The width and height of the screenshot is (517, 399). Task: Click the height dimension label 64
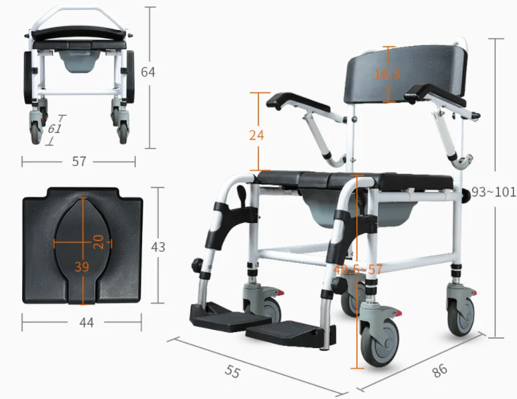148,72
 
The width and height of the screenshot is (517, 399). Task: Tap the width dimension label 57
79,161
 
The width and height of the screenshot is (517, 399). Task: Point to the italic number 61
54,129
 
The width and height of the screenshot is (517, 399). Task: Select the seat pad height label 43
158,247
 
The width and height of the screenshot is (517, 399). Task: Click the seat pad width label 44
86,323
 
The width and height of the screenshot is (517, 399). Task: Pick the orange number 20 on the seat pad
98,242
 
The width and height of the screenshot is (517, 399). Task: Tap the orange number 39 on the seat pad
82,266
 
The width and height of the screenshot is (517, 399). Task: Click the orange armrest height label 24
256,135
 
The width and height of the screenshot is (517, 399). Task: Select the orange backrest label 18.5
388,74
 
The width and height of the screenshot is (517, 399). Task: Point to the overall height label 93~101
494,191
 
